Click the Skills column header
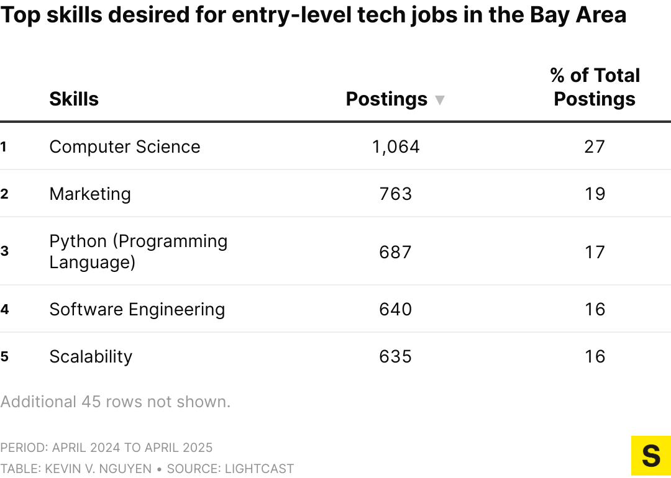[74, 99]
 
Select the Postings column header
[386, 99]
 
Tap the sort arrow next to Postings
[440, 100]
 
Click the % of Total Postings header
[595, 87]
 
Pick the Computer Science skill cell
[125, 147]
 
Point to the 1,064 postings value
[396, 147]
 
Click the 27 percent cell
[595, 147]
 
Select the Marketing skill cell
[90, 194]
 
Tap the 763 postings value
[396, 194]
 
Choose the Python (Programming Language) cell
[138, 251]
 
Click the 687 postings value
[396, 251]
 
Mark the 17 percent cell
[595, 251]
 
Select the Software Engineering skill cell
[137, 309]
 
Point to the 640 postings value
[396, 309]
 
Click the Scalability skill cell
[91, 356]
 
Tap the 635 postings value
[396, 356]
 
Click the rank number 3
[4, 251]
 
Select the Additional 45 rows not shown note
[116, 402]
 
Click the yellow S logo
[650, 456]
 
